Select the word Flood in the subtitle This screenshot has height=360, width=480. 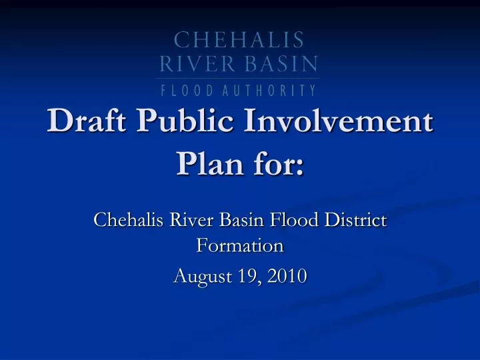coord(285,219)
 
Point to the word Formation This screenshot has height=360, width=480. coord(240,246)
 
